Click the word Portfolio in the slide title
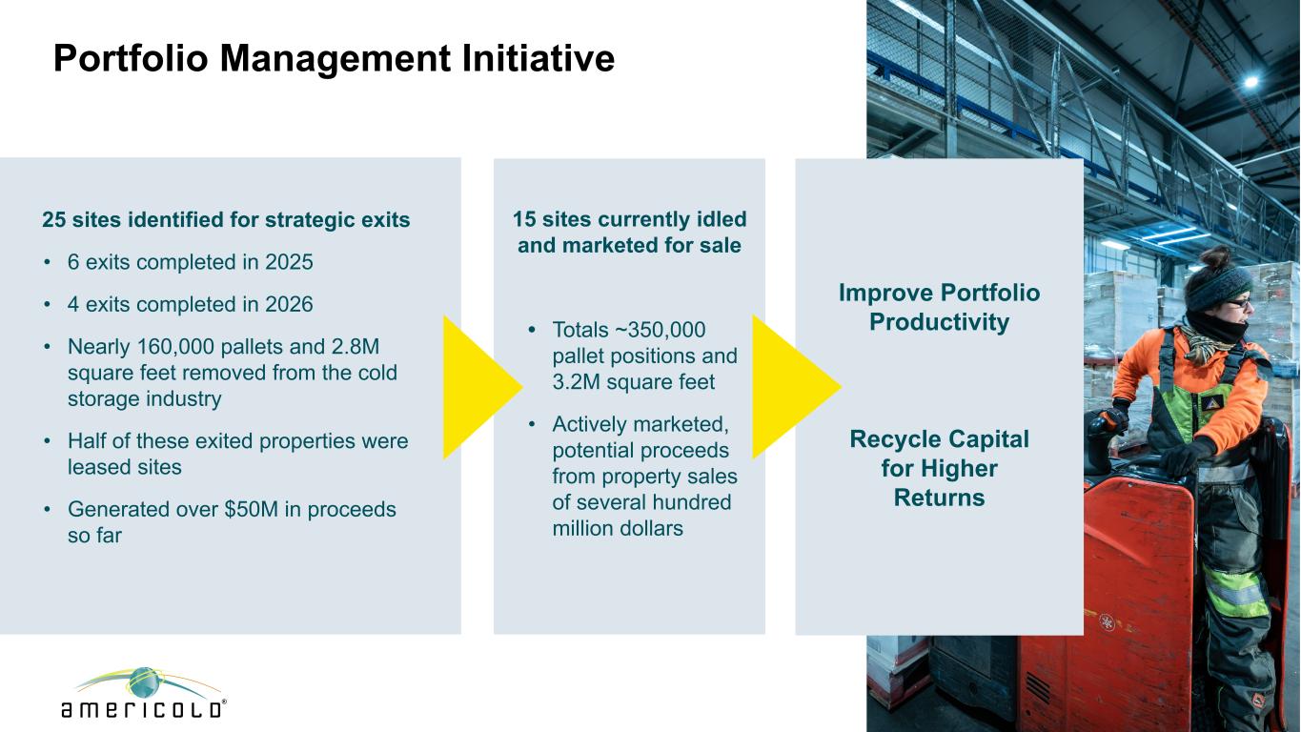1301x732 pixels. pos(131,58)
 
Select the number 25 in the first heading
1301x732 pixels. pos(53,219)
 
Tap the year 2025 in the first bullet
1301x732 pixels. pos(289,262)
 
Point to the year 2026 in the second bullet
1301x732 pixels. pos(289,304)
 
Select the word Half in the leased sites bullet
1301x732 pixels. pos(87,441)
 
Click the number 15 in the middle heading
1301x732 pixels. pos(524,219)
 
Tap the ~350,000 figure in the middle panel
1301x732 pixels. pos(660,330)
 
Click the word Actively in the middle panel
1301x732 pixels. pos(589,425)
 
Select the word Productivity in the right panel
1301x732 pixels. pos(939,322)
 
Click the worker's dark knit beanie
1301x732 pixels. pos(1217,286)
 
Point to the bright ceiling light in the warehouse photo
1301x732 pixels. pos(1251,82)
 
